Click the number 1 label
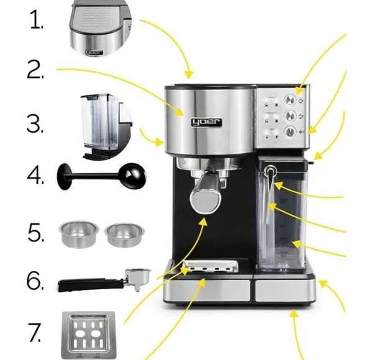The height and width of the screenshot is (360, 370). tap(37, 20)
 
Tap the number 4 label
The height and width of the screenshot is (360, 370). tap(35, 175)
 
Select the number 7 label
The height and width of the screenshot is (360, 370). tap(34, 332)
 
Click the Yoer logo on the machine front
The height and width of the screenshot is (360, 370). tap(206, 122)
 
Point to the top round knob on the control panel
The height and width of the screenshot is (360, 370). tap(290, 100)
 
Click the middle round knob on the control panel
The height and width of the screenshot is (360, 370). tap(291, 116)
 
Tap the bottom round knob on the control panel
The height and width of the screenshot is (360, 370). tap(290, 132)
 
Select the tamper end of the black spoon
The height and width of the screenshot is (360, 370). tap(64, 176)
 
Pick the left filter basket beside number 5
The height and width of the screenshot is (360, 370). tap(79, 234)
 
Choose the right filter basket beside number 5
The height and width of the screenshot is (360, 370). tap(124, 235)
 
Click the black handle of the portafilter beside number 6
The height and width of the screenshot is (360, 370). tap(91, 285)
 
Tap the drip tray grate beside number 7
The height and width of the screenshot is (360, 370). tap(89, 335)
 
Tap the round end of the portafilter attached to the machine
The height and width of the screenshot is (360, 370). tap(205, 201)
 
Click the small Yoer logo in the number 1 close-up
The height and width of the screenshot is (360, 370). tap(94, 52)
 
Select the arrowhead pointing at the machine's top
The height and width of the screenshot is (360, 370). tap(189, 74)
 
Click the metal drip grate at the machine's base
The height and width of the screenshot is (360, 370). tap(210, 266)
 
